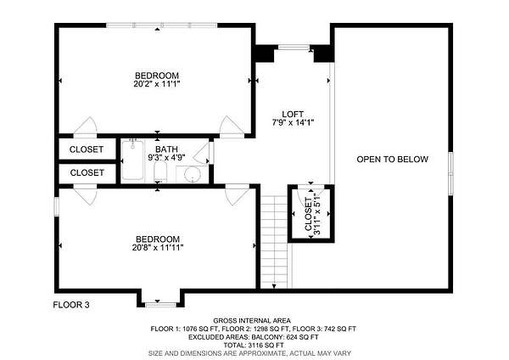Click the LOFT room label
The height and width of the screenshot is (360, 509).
tap(293, 115)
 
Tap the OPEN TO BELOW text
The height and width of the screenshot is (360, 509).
tap(392, 160)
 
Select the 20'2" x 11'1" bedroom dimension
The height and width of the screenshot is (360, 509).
tap(157, 84)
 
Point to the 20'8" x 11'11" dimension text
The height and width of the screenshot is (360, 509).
tap(158, 248)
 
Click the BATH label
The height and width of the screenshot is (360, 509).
tap(166, 149)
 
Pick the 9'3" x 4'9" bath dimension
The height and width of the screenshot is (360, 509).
tap(166, 158)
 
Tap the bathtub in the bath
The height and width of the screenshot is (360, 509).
tap(133, 160)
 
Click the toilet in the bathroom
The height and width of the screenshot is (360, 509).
tap(160, 172)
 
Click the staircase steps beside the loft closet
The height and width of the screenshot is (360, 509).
tap(274, 242)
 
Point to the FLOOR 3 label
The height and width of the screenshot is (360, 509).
tap(71, 305)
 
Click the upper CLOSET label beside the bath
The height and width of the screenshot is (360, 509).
tap(87, 149)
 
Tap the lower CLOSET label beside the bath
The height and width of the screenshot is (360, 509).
tap(87, 172)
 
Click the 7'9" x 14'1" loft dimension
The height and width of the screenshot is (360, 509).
tap(293, 123)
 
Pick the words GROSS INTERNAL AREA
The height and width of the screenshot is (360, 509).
tap(252, 321)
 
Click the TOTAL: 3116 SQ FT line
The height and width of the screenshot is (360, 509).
tap(254, 345)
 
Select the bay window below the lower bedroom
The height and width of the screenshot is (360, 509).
tap(160, 305)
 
